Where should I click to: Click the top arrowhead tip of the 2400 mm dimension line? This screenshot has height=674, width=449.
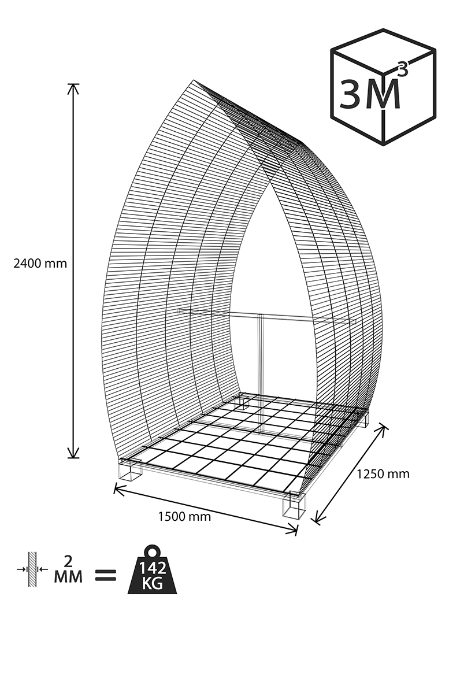[x=73, y=84]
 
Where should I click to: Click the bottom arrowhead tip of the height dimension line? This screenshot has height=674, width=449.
[x=73, y=458]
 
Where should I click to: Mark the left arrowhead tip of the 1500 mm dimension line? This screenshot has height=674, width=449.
[x=114, y=487]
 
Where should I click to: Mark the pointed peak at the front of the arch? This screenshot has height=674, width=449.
[x=194, y=80]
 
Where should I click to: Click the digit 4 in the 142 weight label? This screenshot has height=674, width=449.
[x=152, y=568]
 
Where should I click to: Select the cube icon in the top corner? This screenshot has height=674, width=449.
[x=383, y=87]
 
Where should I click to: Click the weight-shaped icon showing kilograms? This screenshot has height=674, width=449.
[x=152, y=569]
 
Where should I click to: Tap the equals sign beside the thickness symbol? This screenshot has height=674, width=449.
[x=106, y=575]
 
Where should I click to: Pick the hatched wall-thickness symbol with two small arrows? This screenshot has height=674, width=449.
[x=32, y=569]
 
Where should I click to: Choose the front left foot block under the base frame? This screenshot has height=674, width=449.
[x=131, y=469]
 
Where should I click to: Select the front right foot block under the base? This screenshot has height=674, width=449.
[x=294, y=505]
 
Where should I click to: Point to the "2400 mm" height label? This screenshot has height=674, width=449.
[x=40, y=264]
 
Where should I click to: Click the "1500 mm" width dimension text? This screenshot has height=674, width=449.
[x=184, y=517]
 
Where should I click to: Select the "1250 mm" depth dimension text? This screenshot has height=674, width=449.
[x=383, y=474]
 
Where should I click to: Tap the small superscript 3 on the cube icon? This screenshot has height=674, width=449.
[x=402, y=69]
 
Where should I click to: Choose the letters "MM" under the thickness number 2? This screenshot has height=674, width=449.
[x=68, y=576]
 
